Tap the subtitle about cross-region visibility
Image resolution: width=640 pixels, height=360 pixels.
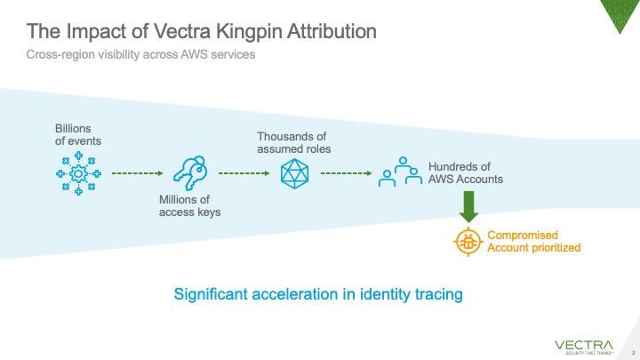pos(140,55)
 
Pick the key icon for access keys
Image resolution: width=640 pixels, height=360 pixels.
pos(189,172)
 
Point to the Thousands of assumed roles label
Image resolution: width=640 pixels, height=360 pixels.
pos(294,142)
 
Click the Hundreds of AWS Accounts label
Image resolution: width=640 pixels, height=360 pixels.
pos(466,172)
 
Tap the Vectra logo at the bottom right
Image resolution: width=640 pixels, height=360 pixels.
pos(584,345)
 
